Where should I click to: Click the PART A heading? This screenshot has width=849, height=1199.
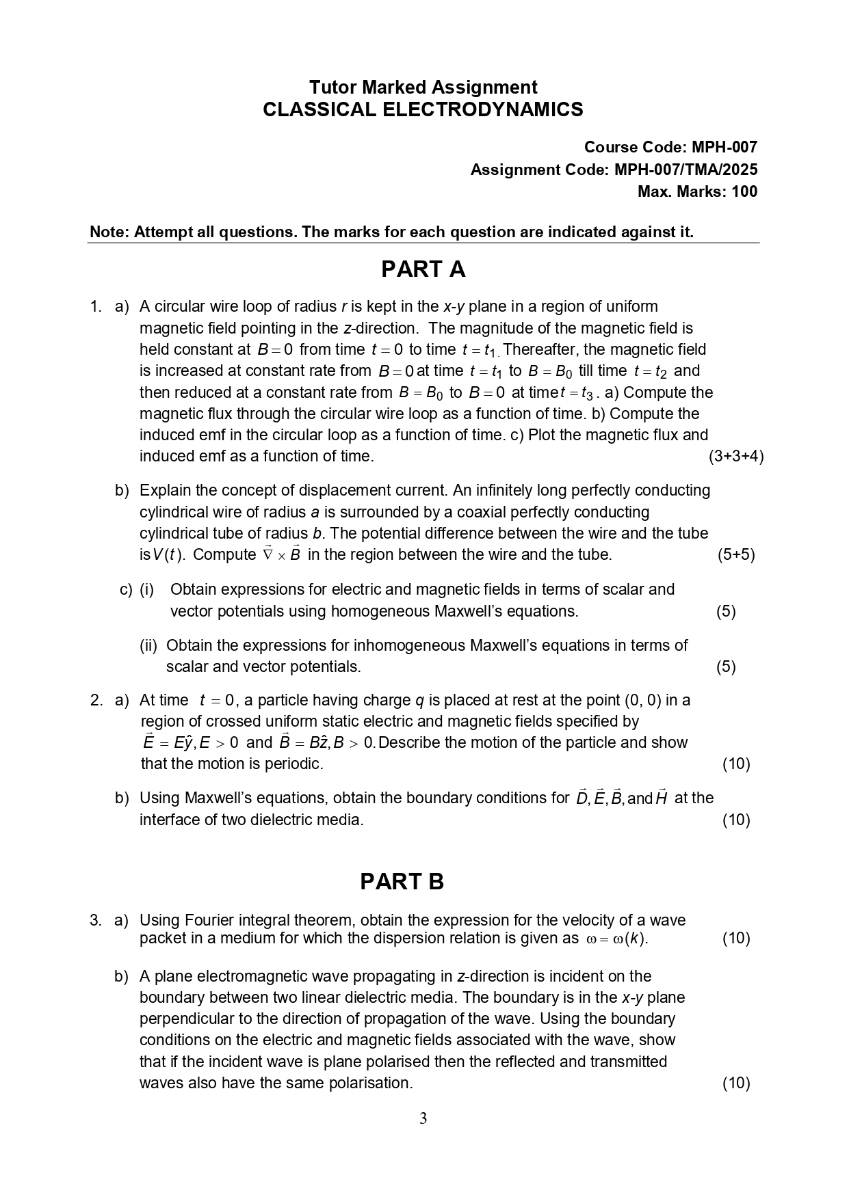423,269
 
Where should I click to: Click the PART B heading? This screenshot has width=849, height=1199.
402,882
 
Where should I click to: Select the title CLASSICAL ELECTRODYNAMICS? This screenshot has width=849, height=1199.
423,109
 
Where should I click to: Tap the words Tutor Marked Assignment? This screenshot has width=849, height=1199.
423,87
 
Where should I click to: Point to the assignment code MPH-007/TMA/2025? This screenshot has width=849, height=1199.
685,170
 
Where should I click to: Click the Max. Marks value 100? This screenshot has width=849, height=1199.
744,191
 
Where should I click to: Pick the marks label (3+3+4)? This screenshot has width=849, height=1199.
736,456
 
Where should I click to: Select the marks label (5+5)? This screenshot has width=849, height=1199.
736,554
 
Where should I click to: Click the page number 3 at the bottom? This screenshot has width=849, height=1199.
423,1119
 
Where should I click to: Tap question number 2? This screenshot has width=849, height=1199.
96,700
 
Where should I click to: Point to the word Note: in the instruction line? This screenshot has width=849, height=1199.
109,232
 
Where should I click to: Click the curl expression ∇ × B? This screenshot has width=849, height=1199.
282,554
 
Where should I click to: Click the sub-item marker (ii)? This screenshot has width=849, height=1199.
148,645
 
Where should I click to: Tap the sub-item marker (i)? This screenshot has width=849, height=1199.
147,589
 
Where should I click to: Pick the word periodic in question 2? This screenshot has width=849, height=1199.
295,764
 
